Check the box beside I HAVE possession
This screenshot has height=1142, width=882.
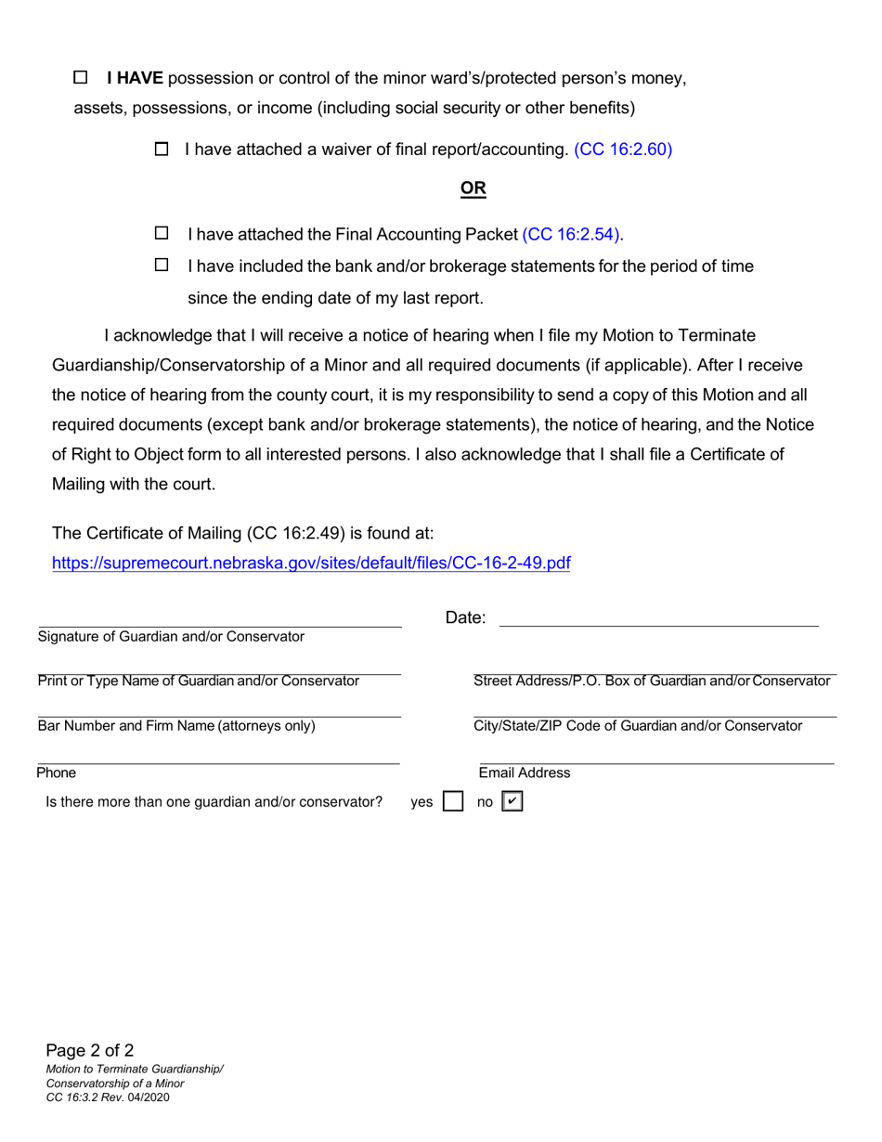80,78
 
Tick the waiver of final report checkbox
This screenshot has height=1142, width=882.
162,149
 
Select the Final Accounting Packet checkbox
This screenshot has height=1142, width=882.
162,233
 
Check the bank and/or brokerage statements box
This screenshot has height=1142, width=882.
162,266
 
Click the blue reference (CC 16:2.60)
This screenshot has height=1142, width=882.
623,149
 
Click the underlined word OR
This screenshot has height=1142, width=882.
473,188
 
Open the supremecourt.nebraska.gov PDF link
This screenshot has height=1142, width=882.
311,563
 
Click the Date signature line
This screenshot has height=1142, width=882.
659,620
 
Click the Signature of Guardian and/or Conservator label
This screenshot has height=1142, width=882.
171,637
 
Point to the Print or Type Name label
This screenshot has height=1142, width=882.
198,681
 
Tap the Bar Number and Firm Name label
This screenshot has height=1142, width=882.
176,726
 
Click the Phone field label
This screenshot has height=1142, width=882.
57,772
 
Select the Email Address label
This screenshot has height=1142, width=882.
525,772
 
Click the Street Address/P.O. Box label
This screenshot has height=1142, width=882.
652,681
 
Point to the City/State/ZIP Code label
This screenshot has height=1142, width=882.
638,726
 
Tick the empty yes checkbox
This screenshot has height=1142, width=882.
453,802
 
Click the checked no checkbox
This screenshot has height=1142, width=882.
512,802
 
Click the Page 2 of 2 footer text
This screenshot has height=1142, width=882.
90,1051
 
